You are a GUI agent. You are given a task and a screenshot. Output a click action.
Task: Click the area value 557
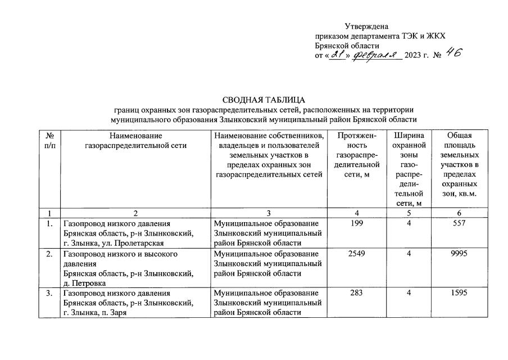click(x=459, y=223)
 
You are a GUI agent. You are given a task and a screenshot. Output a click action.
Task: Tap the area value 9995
click(x=459, y=254)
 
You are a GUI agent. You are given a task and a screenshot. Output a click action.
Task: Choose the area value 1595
click(x=459, y=293)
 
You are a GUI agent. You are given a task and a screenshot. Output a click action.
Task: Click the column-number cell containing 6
click(x=459, y=213)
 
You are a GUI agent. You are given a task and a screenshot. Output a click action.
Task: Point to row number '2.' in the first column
click(x=49, y=254)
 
